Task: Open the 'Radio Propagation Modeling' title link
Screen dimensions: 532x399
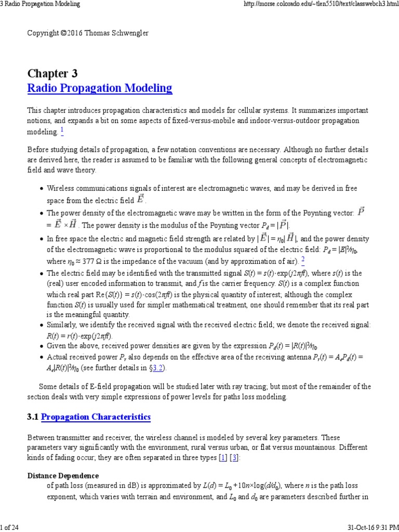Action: point(100,88)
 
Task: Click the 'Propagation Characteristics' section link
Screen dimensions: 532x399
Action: point(96,417)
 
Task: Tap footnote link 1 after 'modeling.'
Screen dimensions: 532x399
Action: point(62,130)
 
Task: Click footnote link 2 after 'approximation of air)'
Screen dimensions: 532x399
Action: point(303,260)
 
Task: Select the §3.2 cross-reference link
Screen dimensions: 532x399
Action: point(159,368)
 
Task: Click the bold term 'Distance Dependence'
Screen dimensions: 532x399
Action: point(63,475)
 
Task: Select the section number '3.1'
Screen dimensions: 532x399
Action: point(33,417)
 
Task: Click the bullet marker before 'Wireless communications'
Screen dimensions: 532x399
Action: point(42,188)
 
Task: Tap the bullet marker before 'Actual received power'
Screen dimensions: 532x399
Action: point(42,358)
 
